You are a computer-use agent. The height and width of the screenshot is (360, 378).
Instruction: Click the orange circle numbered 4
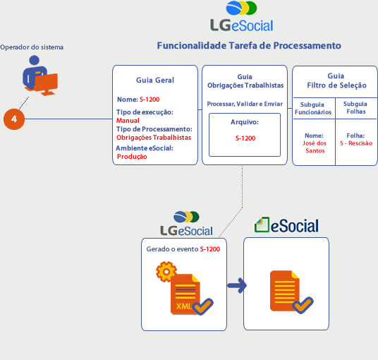(x=14, y=119)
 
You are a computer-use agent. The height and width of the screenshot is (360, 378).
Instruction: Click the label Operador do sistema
(x=32, y=47)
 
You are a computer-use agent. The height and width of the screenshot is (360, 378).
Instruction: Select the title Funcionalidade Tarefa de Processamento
(x=249, y=46)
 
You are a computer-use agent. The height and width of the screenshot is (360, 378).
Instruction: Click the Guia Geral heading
(x=155, y=80)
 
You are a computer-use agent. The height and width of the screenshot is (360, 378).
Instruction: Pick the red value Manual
(x=128, y=121)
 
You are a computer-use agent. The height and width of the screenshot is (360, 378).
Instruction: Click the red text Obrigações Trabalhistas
(x=154, y=138)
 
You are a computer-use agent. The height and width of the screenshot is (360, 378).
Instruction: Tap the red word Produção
(x=132, y=157)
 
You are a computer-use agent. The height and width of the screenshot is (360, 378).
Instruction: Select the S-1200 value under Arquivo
(x=245, y=138)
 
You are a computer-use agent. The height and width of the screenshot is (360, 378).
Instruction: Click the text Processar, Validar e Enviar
(x=245, y=104)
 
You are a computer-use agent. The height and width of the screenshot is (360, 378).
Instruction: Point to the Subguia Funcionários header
(x=313, y=108)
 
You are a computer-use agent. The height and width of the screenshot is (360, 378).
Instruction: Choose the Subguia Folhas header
(x=355, y=107)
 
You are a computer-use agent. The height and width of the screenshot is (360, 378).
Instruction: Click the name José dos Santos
(x=315, y=147)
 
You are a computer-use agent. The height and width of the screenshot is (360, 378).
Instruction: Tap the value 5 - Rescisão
(x=356, y=143)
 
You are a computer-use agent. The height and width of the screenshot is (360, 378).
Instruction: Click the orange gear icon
(x=166, y=272)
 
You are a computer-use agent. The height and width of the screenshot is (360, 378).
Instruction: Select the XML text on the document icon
(x=184, y=306)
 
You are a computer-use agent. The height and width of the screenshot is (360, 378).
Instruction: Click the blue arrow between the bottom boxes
(x=237, y=286)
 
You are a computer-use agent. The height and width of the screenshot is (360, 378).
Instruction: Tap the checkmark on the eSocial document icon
(x=303, y=305)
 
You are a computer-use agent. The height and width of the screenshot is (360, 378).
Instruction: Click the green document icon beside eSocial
(x=262, y=224)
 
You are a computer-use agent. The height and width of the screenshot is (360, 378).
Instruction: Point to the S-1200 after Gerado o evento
(x=210, y=249)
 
